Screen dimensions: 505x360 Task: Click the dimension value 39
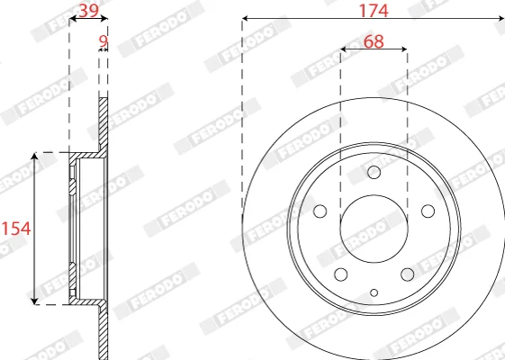[x=88, y=11]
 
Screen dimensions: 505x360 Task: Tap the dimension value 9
[x=103, y=41]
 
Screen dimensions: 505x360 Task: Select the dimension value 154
[x=16, y=229]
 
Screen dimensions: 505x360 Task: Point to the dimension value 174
[x=374, y=11]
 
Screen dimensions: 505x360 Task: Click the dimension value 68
[x=374, y=41]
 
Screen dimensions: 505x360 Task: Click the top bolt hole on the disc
[x=374, y=172]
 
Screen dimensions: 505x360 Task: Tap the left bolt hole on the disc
[x=320, y=211]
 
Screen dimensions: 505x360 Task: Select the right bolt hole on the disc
[x=428, y=211]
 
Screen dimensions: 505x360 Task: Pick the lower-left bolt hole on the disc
[x=341, y=274]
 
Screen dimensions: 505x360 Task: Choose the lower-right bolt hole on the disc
[x=408, y=274]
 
